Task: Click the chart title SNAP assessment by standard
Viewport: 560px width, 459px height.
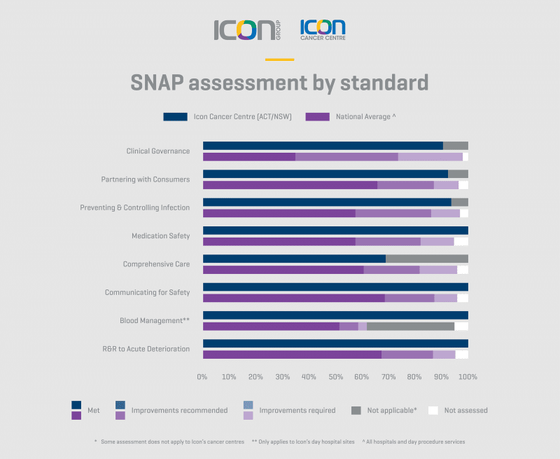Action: point(279,83)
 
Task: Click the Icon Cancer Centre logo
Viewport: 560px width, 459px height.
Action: point(323,29)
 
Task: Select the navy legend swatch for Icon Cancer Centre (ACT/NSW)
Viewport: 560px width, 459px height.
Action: point(175,116)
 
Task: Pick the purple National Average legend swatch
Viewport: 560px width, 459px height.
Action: point(317,116)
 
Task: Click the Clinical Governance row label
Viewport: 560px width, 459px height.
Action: point(157,151)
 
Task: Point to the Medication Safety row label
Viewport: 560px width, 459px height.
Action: point(160,235)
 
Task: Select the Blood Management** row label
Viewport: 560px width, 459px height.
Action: point(155,320)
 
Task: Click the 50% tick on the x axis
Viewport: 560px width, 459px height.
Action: point(335,377)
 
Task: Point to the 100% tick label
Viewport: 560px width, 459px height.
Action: point(468,377)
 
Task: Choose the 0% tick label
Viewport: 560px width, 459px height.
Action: point(202,377)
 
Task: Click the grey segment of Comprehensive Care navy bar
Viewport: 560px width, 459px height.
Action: point(426,259)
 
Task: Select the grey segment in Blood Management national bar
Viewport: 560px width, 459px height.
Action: point(410,326)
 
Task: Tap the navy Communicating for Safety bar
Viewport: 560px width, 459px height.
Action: point(335,287)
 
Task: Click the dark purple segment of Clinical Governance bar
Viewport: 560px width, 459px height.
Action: point(248,156)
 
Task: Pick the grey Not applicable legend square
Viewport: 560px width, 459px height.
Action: point(356,410)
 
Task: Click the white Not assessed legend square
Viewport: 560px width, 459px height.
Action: point(433,410)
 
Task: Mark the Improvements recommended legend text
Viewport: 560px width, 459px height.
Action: point(179,410)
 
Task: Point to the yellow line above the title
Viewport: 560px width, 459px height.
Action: point(279,60)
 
